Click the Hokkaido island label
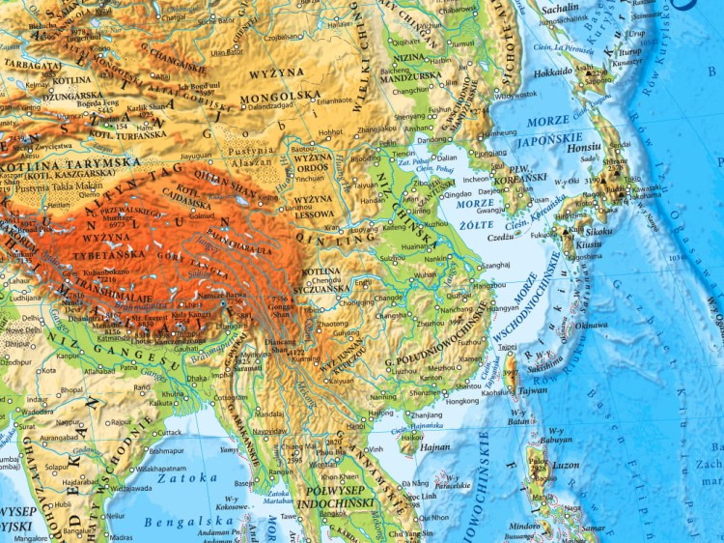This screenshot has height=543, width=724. coord(553,71)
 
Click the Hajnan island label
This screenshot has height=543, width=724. coord(435,447)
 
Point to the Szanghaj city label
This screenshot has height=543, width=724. coord(493,265)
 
